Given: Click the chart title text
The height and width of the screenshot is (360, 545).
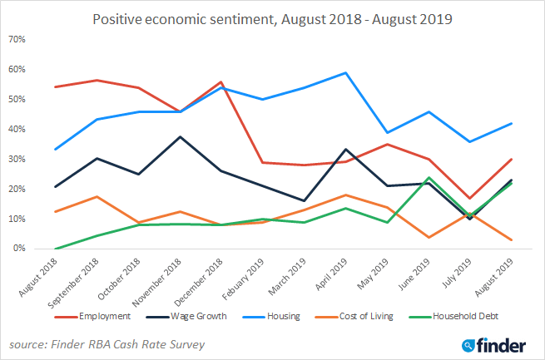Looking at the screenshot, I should tap(272, 18).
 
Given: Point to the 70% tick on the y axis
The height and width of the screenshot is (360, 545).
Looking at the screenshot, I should tap(17, 39).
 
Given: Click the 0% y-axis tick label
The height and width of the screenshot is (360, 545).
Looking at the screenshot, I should tap(20, 249).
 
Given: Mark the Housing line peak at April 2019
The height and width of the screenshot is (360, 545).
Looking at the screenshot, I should tap(345, 72).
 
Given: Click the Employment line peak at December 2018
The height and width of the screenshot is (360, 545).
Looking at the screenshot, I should tap(220, 81).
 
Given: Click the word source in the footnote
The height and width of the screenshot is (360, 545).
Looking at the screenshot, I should tap(27, 343).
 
